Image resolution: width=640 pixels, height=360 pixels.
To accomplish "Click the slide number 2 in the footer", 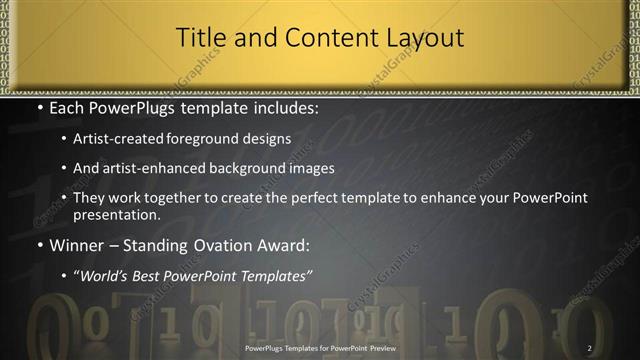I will coord(590,348).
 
